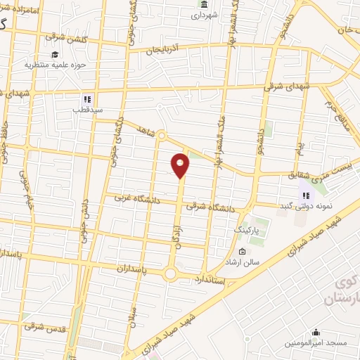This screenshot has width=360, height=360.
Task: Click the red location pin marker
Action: pos(181,165)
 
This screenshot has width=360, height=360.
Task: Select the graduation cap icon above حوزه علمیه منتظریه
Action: pos(54,54)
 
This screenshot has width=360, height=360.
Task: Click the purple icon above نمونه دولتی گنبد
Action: pos(304,195)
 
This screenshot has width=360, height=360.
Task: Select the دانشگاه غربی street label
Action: pos(140,200)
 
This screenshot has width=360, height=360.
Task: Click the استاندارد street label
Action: pos(210,280)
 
